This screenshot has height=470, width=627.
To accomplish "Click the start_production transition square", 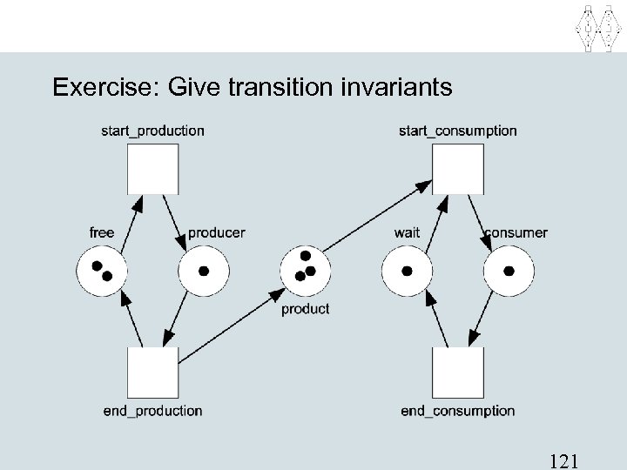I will [152, 169].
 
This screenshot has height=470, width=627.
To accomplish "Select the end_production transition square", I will [152, 372].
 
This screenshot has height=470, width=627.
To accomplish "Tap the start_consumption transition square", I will [458, 169].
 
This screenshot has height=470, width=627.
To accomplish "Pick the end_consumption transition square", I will [458, 372].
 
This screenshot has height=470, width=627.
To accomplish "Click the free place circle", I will [102, 272].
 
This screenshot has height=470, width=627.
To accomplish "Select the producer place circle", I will [204, 272].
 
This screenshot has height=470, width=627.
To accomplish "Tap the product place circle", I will [306, 272].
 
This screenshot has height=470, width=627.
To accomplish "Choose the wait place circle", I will [407, 272].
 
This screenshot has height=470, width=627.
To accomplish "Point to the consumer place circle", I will [509, 272].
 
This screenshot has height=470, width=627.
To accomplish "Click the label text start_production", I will [152, 131].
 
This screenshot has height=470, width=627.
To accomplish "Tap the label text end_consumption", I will [457, 411].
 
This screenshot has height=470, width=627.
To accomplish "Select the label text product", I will [306, 309].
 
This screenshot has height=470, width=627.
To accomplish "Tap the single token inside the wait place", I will [407, 272].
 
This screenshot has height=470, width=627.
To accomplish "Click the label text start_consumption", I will [457, 131].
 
